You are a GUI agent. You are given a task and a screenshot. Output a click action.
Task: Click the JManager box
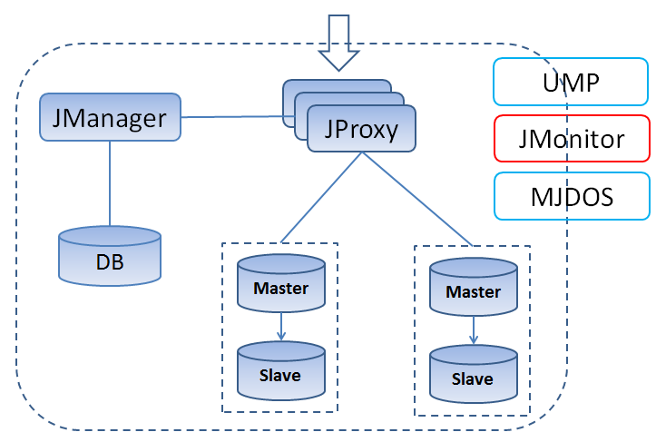pyautogui.click(x=110, y=117)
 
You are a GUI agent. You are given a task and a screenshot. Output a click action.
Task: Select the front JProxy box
pyautogui.click(x=360, y=129)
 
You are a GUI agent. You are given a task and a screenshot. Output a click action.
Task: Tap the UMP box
pyautogui.click(x=571, y=81)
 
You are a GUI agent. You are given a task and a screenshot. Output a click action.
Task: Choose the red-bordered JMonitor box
pyautogui.click(x=571, y=139)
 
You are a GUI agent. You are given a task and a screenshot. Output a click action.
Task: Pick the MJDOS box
pyautogui.click(x=571, y=196)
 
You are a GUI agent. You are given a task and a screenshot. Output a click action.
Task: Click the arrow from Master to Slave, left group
pyautogui.click(x=281, y=328)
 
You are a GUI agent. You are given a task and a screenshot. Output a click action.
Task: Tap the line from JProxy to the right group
pyautogui.click(x=416, y=198)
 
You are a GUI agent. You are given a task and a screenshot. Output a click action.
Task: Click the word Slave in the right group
pyautogui.click(x=473, y=378)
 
